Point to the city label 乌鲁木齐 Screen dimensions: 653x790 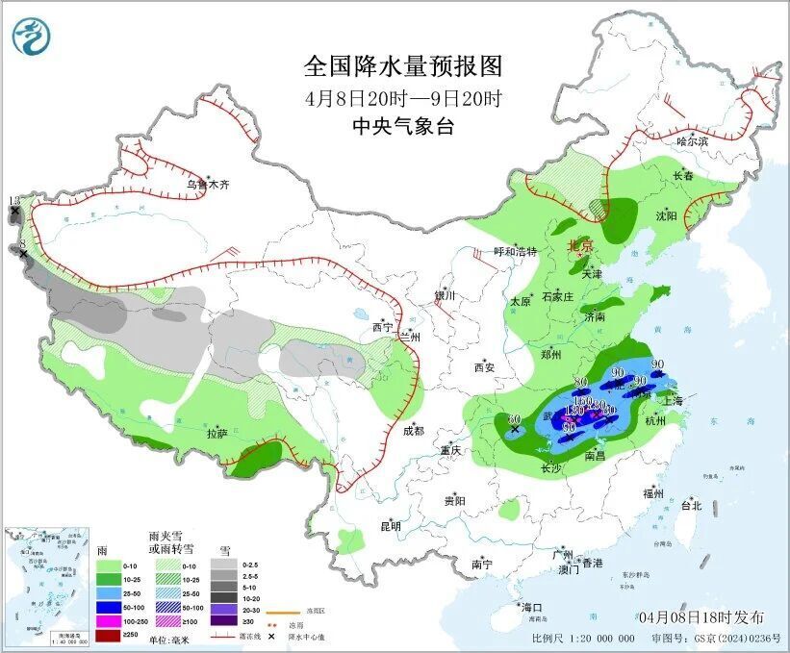click(x=208, y=184)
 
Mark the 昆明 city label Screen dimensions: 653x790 click(x=390, y=526)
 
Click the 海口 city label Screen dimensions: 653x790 click(x=531, y=608)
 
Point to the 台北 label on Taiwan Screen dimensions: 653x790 click(x=691, y=505)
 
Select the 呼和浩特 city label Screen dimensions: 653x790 click(x=514, y=252)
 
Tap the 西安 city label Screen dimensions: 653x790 click(x=483, y=367)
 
